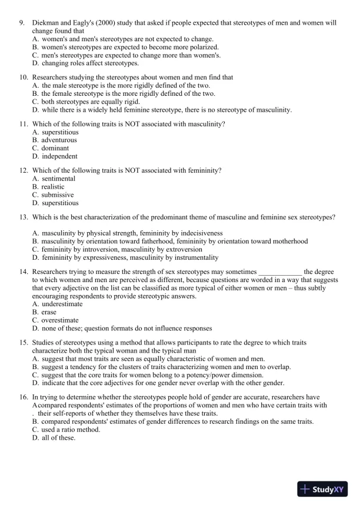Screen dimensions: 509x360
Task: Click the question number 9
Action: pos(22,23)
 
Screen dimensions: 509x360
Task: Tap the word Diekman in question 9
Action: pos(46,23)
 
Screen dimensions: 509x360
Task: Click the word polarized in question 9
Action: pos(202,46)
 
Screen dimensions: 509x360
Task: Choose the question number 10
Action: pos(24,77)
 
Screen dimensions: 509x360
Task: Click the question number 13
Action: pos(24,217)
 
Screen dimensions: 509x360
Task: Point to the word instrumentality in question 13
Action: pos(195,257)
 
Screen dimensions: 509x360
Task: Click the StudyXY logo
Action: pos(322,489)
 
